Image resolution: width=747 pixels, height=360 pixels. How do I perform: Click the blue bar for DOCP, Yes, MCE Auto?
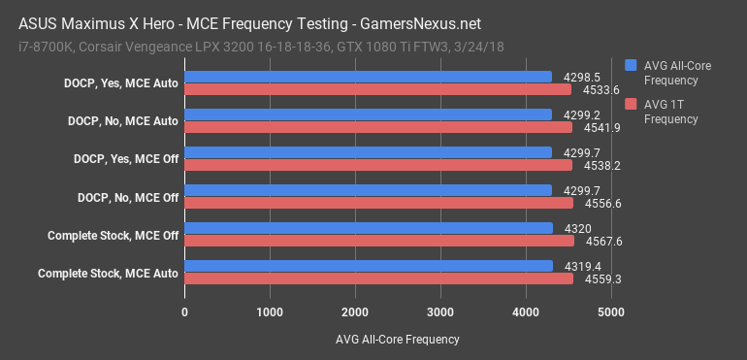369,76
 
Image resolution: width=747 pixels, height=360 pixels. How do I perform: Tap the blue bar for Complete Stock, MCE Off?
370,228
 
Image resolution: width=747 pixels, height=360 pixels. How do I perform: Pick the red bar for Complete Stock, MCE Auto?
379,278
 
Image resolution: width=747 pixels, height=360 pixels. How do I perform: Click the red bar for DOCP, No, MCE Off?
379,203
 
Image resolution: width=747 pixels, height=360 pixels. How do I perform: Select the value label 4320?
578,228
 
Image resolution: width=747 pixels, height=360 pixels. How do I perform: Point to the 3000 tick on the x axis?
440,312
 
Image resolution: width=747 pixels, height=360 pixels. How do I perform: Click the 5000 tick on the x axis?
610,312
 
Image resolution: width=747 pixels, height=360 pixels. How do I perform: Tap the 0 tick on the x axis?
185,312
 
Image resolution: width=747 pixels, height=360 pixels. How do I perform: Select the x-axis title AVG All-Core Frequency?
398,340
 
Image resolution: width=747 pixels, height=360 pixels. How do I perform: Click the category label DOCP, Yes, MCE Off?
126,158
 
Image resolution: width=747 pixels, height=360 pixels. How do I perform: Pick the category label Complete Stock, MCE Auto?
108,273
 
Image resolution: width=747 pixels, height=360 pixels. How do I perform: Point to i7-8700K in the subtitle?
46,46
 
